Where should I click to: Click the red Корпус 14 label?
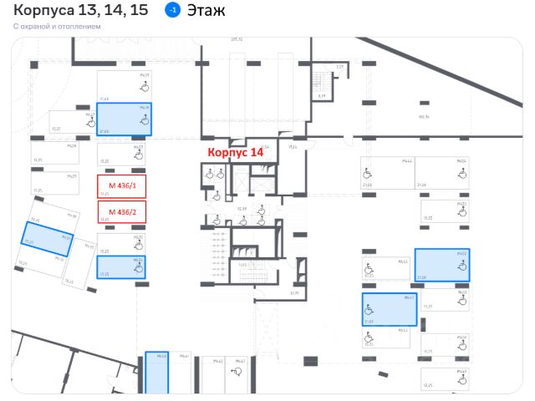click(235, 153)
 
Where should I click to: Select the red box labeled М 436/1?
click(122, 185)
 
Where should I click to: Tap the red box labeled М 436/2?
click(122, 212)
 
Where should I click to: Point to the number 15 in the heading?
click(140, 11)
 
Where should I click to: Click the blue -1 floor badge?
click(172, 11)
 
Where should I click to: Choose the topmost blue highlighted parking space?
click(125, 119)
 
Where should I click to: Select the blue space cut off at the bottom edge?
click(156, 373)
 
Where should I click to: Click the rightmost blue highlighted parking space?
click(442, 264)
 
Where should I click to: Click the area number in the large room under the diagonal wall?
click(423, 117)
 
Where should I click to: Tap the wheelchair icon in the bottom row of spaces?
click(240, 369)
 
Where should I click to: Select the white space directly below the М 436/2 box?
click(122, 243)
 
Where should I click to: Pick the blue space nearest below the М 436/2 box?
click(122, 266)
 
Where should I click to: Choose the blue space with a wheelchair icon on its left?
click(390, 309)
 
